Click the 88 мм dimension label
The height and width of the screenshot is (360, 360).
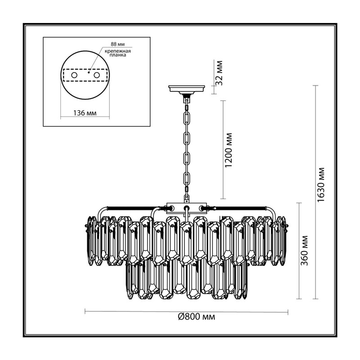point(117,44)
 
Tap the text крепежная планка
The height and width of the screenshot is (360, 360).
point(118,53)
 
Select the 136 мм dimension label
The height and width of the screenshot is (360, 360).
point(85,113)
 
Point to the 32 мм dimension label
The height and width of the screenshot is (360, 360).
point(220,73)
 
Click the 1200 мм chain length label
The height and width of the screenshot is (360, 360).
point(229,150)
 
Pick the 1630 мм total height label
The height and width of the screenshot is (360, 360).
point(321,185)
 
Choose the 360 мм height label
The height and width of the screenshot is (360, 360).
point(304,251)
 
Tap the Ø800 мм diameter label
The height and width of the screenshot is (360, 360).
point(197,317)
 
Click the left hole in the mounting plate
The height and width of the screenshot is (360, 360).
point(74,75)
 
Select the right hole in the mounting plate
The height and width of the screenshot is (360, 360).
point(96,75)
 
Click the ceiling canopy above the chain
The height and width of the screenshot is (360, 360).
point(186,89)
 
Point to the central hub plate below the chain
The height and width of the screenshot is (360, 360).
point(186,207)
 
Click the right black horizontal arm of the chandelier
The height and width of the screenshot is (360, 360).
point(237,208)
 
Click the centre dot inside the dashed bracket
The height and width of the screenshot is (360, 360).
point(89,72)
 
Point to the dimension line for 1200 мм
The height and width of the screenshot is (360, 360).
point(223,149)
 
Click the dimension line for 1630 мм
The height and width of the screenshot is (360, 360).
point(316,192)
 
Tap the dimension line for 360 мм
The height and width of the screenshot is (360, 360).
point(299,251)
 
